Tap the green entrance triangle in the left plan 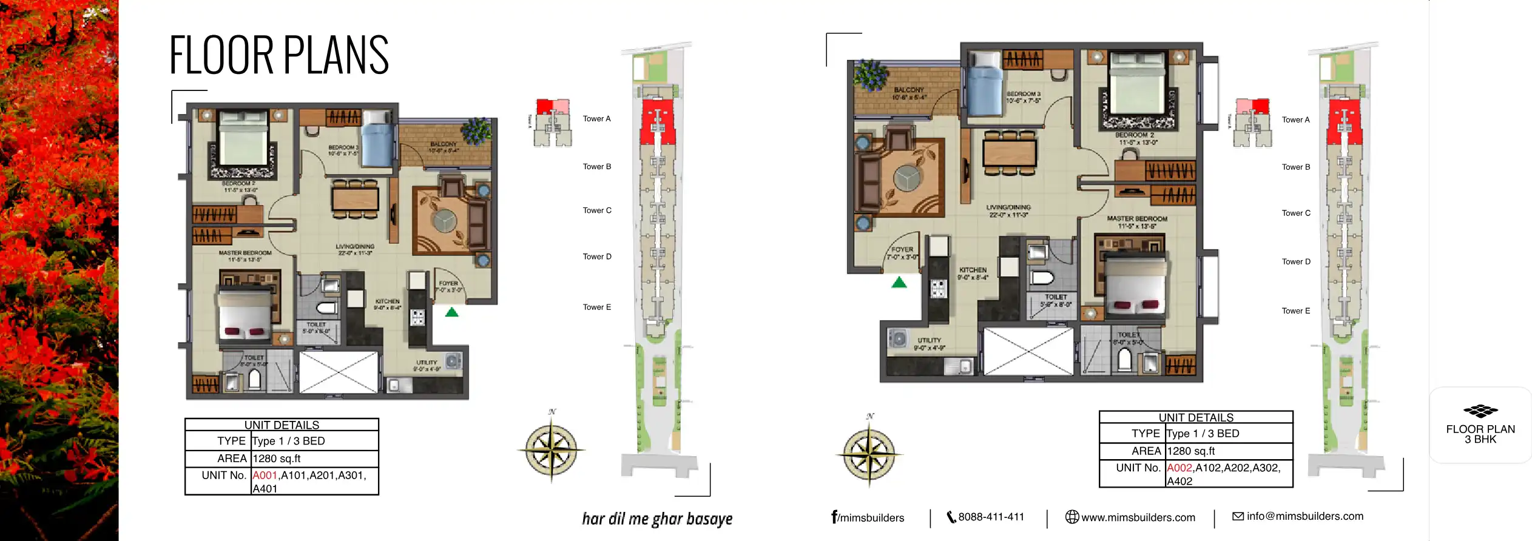tap(452, 313)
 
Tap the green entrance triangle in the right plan tap(899, 283)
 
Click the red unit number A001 tap(265, 475)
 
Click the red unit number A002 tap(1179, 468)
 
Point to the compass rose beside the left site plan tap(551, 449)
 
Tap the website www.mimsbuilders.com tap(1138, 518)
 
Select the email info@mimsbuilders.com tap(1304, 517)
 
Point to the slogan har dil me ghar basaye tap(657, 519)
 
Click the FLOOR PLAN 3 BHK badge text tap(1480, 434)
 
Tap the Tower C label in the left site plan tap(597, 210)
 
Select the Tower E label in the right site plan tap(1295, 311)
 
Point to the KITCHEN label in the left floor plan tap(387, 301)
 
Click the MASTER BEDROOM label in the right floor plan tap(1136, 218)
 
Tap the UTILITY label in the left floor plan tap(427, 363)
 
